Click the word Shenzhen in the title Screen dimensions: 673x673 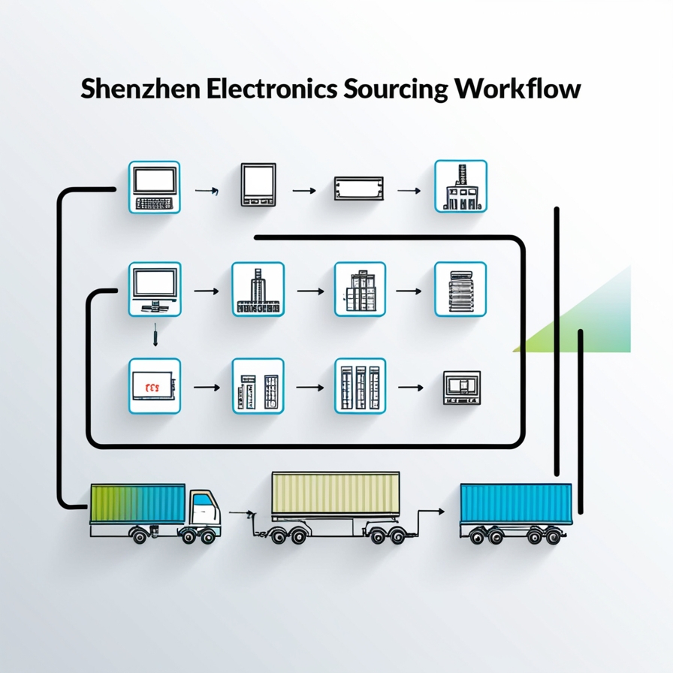pos(140,89)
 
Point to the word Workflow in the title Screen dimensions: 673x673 pos(518,89)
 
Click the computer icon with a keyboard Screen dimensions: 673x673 pos(155,187)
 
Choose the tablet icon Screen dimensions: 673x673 pos(258,186)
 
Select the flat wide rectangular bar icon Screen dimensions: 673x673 pos(358,188)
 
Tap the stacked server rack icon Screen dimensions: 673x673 pos(460,289)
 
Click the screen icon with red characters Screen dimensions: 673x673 pos(155,386)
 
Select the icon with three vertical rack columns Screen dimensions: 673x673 pos(360,386)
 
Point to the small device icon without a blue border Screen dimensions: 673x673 pos(462,388)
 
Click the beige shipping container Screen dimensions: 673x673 pos(335,495)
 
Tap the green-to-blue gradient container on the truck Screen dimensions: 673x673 pos(137,504)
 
